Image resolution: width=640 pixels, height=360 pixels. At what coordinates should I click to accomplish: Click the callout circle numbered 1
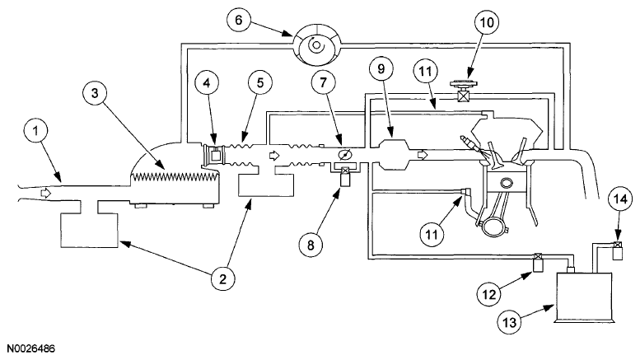(x=36, y=131)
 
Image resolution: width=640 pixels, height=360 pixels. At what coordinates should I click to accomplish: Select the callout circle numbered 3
(x=95, y=93)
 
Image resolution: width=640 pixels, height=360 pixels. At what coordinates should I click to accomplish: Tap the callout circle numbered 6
(x=239, y=20)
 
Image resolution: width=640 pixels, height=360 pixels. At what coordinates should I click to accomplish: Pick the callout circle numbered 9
(x=381, y=68)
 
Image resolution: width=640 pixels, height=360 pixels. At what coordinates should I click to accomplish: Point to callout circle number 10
(x=487, y=22)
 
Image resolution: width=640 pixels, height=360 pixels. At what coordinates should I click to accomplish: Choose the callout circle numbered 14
(x=620, y=199)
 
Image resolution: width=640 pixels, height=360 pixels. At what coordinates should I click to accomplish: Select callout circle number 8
(x=311, y=245)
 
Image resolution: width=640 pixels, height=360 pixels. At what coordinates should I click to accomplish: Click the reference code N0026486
(x=30, y=348)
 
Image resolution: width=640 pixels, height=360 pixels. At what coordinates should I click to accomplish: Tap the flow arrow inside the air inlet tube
(x=45, y=193)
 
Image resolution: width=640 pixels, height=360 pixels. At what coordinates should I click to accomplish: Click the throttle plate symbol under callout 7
(x=344, y=155)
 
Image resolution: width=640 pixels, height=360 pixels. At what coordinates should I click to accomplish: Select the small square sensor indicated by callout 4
(x=215, y=155)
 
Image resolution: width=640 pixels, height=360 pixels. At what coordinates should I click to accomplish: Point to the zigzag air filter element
(x=175, y=177)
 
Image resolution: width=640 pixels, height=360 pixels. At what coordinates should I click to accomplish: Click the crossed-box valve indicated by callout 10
(x=462, y=97)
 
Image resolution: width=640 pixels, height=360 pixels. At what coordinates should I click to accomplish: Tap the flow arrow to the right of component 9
(x=422, y=155)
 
